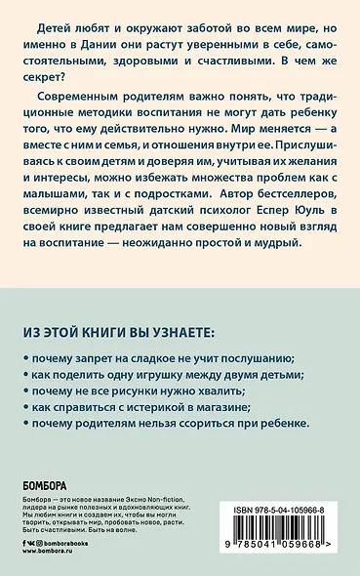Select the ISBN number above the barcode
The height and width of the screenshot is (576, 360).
[298, 509]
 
